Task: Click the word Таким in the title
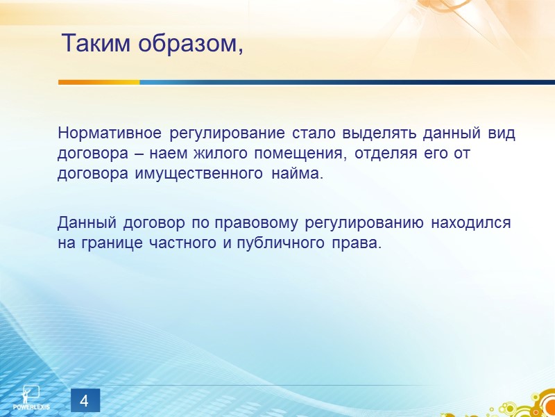click(95, 44)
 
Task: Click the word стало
click(310, 133)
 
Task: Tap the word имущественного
click(196, 174)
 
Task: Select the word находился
click(471, 224)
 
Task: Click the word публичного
click(277, 244)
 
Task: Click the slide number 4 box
click(85, 401)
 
